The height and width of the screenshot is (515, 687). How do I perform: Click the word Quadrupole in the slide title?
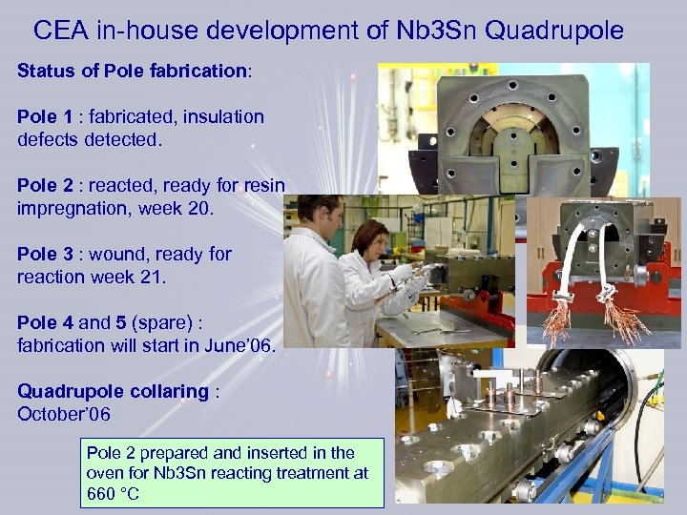point(554,31)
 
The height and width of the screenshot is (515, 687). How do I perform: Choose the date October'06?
point(64,414)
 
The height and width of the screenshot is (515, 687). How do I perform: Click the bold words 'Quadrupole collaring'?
point(113,391)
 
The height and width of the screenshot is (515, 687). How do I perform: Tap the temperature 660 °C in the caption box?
point(113,493)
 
